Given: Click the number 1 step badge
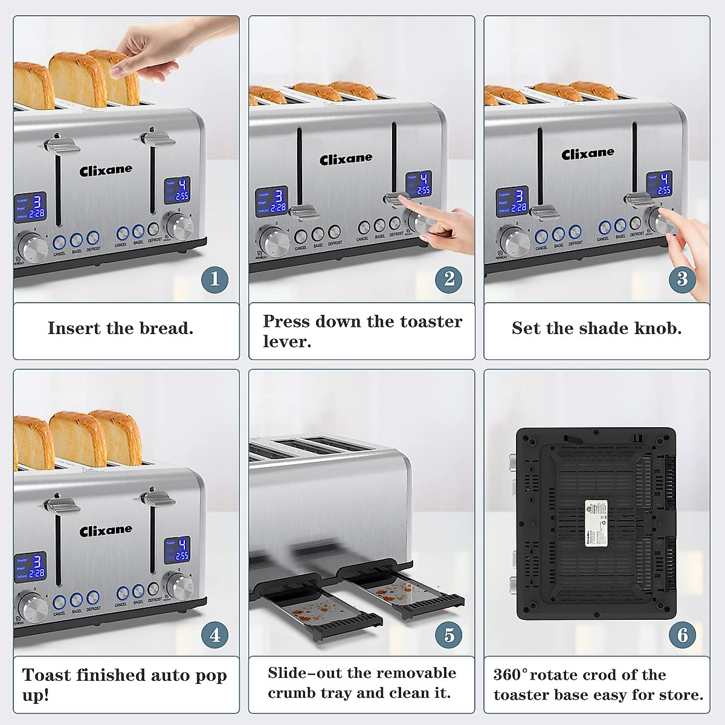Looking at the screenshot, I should click(x=214, y=279).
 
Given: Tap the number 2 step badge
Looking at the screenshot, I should click(x=449, y=279).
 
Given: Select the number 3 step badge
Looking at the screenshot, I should click(x=682, y=279).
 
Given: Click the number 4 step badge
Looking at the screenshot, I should click(x=214, y=635).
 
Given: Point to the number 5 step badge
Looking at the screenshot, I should click(x=449, y=635).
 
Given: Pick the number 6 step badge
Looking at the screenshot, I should click(x=682, y=635).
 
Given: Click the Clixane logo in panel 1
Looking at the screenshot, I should click(x=106, y=170).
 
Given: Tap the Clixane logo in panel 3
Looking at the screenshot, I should click(x=587, y=154).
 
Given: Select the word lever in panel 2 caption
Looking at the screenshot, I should click(x=286, y=342).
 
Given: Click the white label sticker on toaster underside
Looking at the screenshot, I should click(x=595, y=523).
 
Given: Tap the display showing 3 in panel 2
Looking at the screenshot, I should click(x=271, y=201).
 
